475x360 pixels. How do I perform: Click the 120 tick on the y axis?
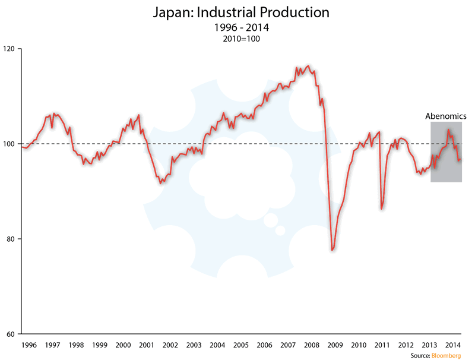point(11,49)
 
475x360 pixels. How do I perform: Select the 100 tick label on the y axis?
point(11,144)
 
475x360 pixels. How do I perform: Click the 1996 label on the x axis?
point(29,345)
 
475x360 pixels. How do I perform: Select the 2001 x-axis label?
point(147,345)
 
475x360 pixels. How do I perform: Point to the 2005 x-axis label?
point(240,345)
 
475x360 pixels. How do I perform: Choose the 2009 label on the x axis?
point(335,345)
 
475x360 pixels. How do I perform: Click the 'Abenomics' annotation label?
point(446,116)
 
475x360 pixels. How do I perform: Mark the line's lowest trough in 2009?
point(332,250)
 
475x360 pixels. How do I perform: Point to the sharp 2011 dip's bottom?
point(381,209)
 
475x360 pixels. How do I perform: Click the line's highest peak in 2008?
point(308,65)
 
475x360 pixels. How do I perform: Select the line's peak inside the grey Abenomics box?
point(448,130)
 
